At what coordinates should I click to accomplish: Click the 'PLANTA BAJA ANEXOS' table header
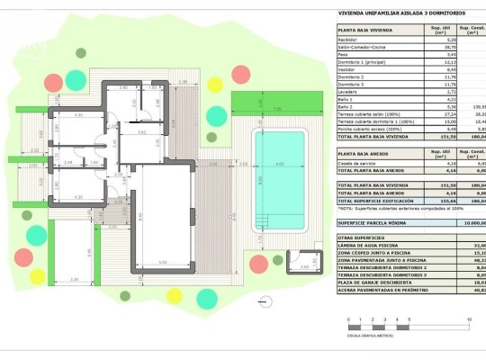pos(364,153)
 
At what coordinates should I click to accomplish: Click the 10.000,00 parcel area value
pos(472,221)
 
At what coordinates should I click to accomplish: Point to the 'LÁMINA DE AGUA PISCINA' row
pos(370,246)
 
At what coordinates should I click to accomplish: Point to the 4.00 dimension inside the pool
pos(279,163)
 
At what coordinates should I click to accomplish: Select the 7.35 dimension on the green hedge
pos(277,108)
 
